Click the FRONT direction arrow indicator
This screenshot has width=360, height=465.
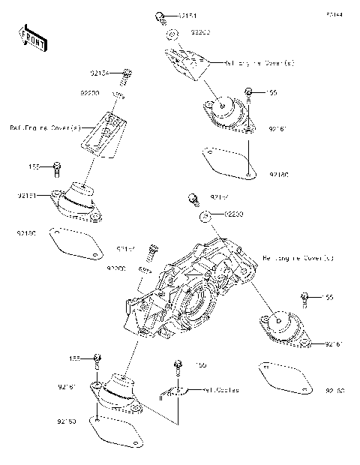(x=28, y=36)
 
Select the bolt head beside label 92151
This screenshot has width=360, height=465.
(x=160, y=16)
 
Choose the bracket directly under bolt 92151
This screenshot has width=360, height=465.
(x=184, y=64)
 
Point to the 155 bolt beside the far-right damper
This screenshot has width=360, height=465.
(x=306, y=298)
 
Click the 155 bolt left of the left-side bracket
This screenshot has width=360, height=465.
(x=57, y=166)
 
